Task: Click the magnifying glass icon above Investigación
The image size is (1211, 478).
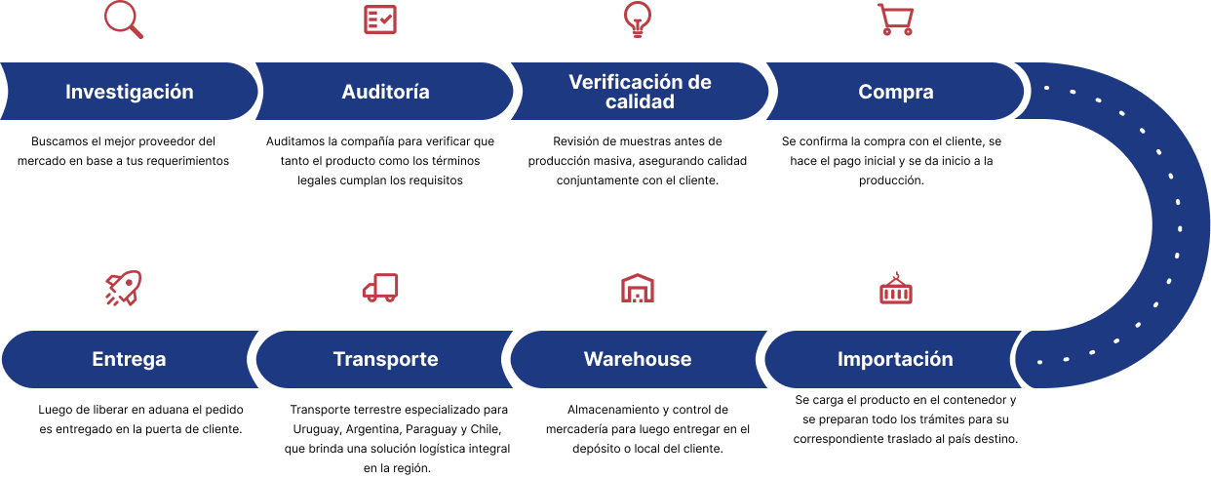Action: click(x=123, y=20)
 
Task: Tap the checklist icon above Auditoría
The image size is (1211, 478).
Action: click(x=380, y=20)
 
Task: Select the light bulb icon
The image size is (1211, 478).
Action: click(x=637, y=20)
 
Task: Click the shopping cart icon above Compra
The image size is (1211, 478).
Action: click(x=895, y=20)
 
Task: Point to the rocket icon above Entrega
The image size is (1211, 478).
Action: click(x=123, y=288)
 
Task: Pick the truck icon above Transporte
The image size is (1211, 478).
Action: click(x=380, y=288)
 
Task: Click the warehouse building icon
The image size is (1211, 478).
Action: click(x=637, y=288)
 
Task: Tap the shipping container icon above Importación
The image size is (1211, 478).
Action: click(x=895, y=289)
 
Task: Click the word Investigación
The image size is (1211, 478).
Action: click(x=130, y=93)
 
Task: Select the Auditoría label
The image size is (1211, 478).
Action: click(x=385, y=93)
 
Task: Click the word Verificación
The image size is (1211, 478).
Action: click(x=624, y=82)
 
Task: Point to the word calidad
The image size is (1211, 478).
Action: click(x=640, y=101)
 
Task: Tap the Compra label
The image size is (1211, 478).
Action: click(x=895, y=93)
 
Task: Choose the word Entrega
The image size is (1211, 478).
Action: click(x=129, y=359)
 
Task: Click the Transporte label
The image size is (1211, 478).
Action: click(x=385, y=359)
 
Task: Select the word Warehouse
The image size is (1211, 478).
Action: click(x=638, y=359)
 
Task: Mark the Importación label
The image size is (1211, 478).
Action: click(x=895, y=359)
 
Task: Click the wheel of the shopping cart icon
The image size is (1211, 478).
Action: click(x=886, y=32)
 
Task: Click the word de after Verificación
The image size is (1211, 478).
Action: click(x=699, y=82)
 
